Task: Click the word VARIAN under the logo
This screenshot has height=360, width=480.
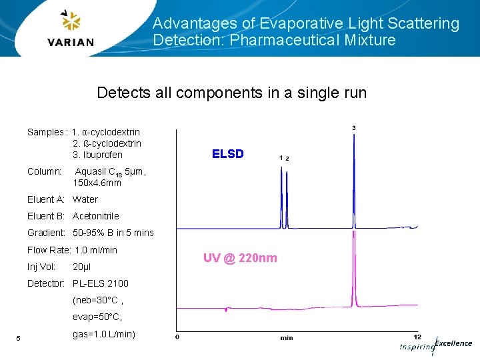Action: point(71,43)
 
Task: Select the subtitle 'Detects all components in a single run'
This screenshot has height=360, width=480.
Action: point(231,93)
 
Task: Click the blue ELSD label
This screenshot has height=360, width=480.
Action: point(227,154)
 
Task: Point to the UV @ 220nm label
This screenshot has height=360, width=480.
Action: point(240,258)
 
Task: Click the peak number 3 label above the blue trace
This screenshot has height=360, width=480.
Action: point(353,128)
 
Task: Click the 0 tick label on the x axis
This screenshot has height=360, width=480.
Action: point(177,337)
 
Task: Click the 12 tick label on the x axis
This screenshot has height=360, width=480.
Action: point(417,337)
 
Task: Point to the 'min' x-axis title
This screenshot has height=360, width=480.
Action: point(286,338)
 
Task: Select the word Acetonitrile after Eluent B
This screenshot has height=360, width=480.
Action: point(95,216)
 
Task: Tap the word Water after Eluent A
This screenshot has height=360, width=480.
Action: point(85,199)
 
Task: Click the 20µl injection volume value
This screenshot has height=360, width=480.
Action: point(81,267)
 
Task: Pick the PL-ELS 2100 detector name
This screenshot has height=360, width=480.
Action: point(100,283)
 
